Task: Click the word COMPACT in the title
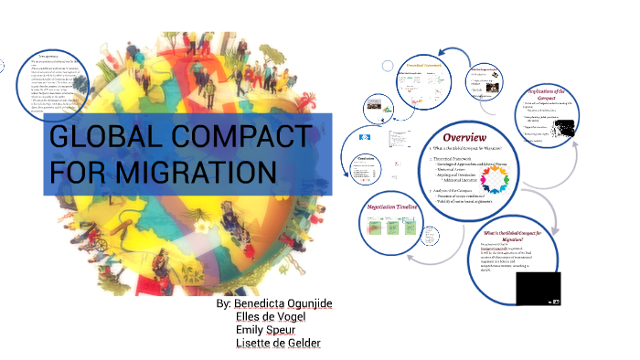(237, 139)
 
